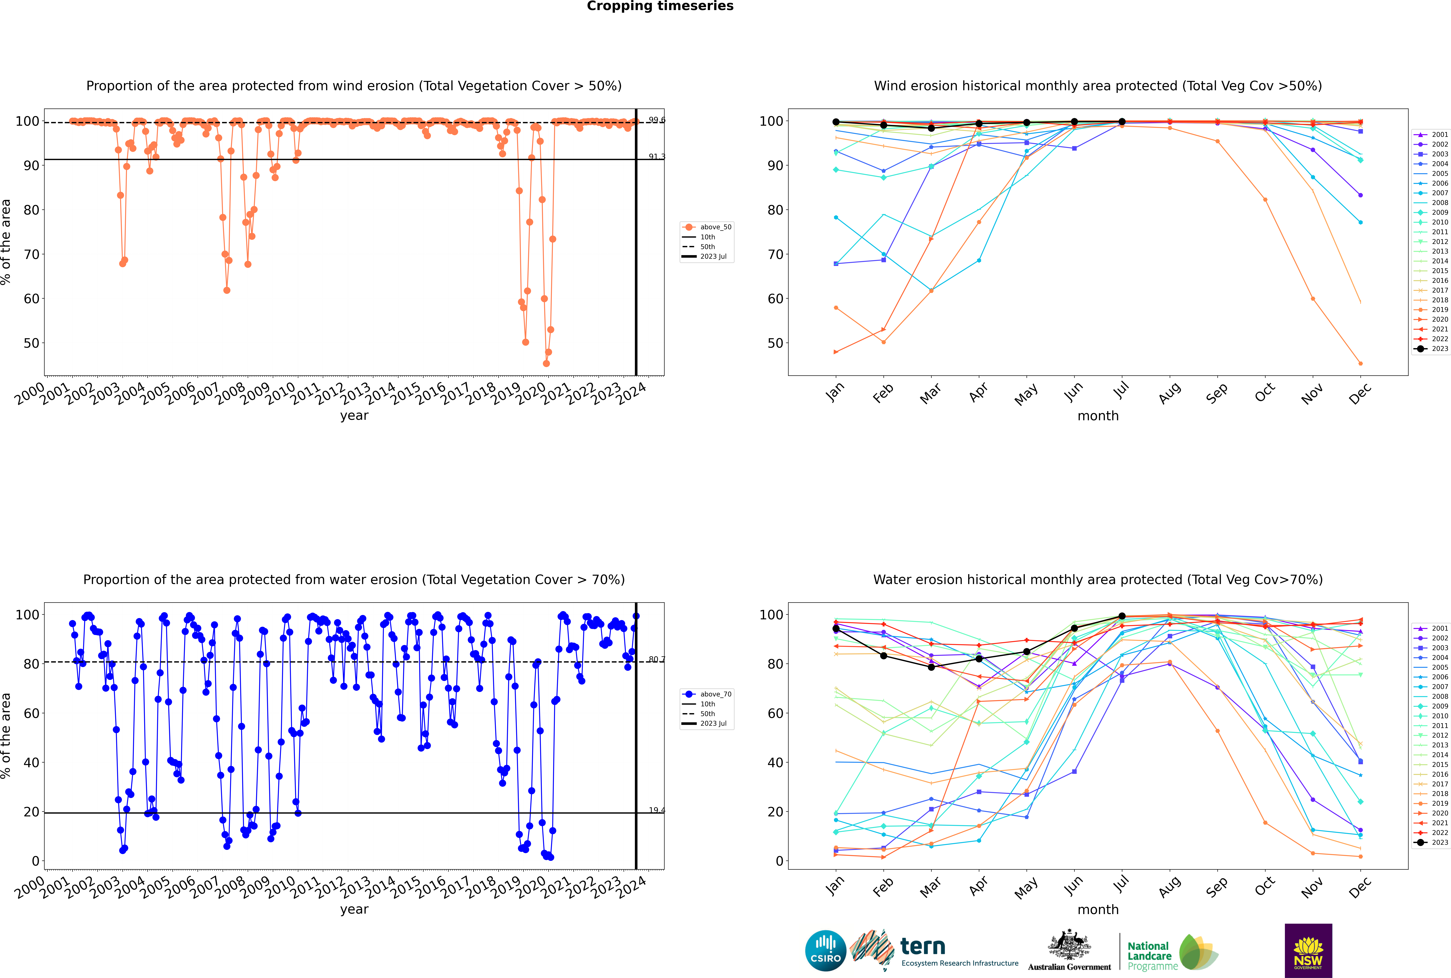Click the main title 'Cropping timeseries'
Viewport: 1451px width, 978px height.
coord(660,6)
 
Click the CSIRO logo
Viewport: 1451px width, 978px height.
coord(825,951)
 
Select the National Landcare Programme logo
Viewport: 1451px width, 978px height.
coord(1172,952)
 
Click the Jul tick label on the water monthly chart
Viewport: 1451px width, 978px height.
coord(1121,884)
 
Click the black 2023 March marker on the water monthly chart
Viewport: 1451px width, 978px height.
coord(931,667)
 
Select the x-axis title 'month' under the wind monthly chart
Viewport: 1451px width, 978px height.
coord(1098,416)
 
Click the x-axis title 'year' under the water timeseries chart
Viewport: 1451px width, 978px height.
coord(354,909)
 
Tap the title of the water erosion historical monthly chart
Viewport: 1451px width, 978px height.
coord(1098,579)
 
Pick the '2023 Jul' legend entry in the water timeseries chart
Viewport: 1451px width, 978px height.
coord(713,724)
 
